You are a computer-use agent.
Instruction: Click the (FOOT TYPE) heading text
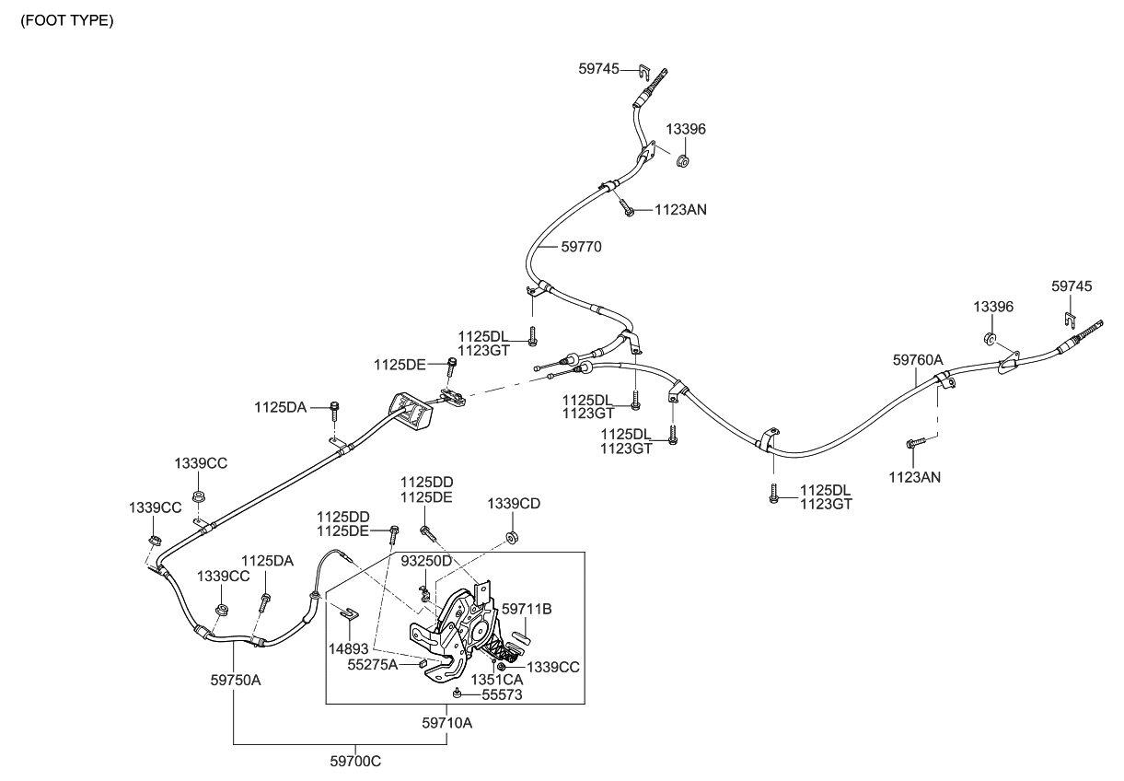67,21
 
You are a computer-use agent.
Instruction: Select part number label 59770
582,248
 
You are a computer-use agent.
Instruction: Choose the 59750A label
236,682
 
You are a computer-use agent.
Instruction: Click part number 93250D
427,561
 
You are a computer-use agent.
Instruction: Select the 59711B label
526,609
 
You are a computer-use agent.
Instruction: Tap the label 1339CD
514,503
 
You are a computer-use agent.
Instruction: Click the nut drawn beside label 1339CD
510,536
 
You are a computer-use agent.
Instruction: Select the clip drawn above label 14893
347,612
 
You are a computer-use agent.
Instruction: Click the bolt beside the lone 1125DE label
451,367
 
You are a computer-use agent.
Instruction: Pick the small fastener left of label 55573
458,693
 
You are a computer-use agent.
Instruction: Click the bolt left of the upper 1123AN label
625,207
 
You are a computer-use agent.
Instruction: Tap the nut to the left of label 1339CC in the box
502,666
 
